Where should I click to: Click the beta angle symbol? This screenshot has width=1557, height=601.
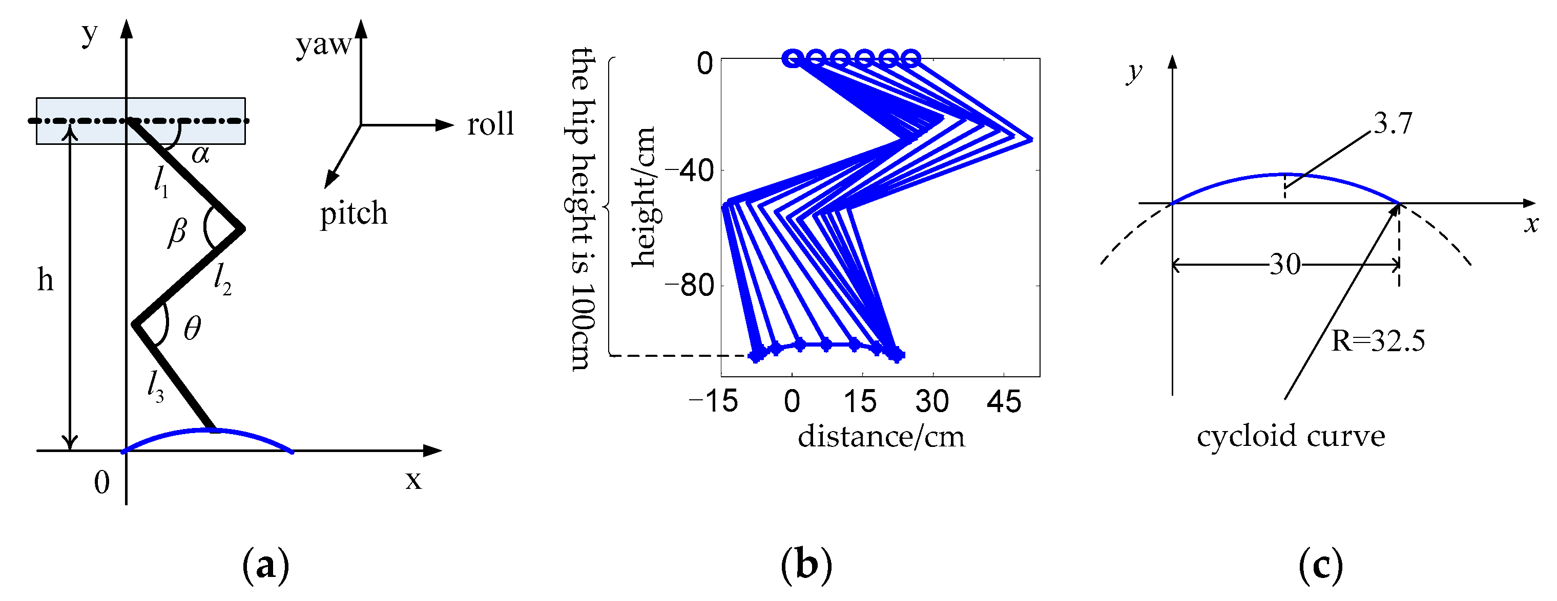(x=177, y=232)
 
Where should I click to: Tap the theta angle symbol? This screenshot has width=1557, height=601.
(x=192, y=329)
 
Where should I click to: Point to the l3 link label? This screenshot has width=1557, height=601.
(x=155, y=387)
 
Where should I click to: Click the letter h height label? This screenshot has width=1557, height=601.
(x=45, y=280)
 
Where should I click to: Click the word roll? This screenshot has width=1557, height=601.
(x=490, y=124)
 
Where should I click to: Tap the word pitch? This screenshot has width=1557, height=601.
(x=354, y=214)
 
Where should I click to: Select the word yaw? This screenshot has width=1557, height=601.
(x=323, y=44)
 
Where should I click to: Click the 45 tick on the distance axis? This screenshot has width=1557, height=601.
(x=1004, y=402)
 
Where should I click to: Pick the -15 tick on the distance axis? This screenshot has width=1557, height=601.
(x=713, y=402)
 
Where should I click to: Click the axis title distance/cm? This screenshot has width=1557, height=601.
(x=881, y=437)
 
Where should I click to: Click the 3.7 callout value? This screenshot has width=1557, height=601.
(x=1393, y=124)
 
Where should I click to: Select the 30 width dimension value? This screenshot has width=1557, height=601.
(x=1285, y=265)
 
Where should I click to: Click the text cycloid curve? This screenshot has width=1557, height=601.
(x=1291, y=437)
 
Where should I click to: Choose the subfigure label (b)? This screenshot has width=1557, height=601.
(x=806, y=565)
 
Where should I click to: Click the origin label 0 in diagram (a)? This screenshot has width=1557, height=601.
(x=102, y=483)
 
